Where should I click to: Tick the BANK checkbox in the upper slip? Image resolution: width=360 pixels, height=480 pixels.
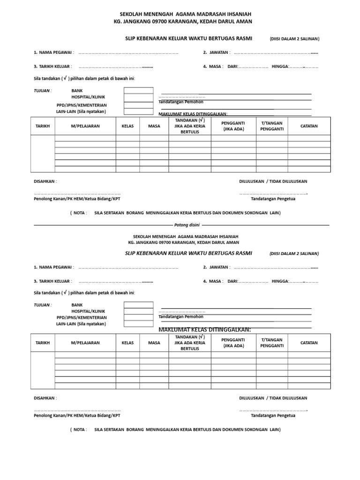pos(138,90)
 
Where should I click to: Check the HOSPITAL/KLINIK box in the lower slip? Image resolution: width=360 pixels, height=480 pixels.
pos(138,311)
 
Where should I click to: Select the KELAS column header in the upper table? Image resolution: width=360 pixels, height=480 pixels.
pos(127,126)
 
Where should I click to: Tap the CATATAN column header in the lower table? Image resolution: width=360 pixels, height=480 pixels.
pos(309,343)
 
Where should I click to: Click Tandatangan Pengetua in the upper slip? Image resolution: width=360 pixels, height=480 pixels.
pos(273,199)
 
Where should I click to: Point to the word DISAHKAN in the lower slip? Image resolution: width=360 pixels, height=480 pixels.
pos(45,398)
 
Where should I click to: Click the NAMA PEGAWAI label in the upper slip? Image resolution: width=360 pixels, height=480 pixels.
pos(53,52)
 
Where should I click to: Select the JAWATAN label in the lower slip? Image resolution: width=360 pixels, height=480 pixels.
pos(217,267)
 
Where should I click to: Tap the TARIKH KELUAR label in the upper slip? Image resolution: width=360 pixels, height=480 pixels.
pos(52,67)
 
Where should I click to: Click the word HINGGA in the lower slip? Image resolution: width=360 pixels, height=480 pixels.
pos(280,281)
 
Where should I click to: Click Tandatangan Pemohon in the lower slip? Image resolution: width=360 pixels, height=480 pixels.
pos(181,317)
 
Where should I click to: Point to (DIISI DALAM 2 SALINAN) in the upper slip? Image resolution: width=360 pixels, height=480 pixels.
pos(294,38)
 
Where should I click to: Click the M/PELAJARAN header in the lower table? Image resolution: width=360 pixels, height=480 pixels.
pos(85,343)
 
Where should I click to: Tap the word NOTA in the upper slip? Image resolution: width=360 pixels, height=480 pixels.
pos(80,213)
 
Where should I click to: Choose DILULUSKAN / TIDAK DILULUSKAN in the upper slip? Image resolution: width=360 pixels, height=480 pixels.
pos(273,181)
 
